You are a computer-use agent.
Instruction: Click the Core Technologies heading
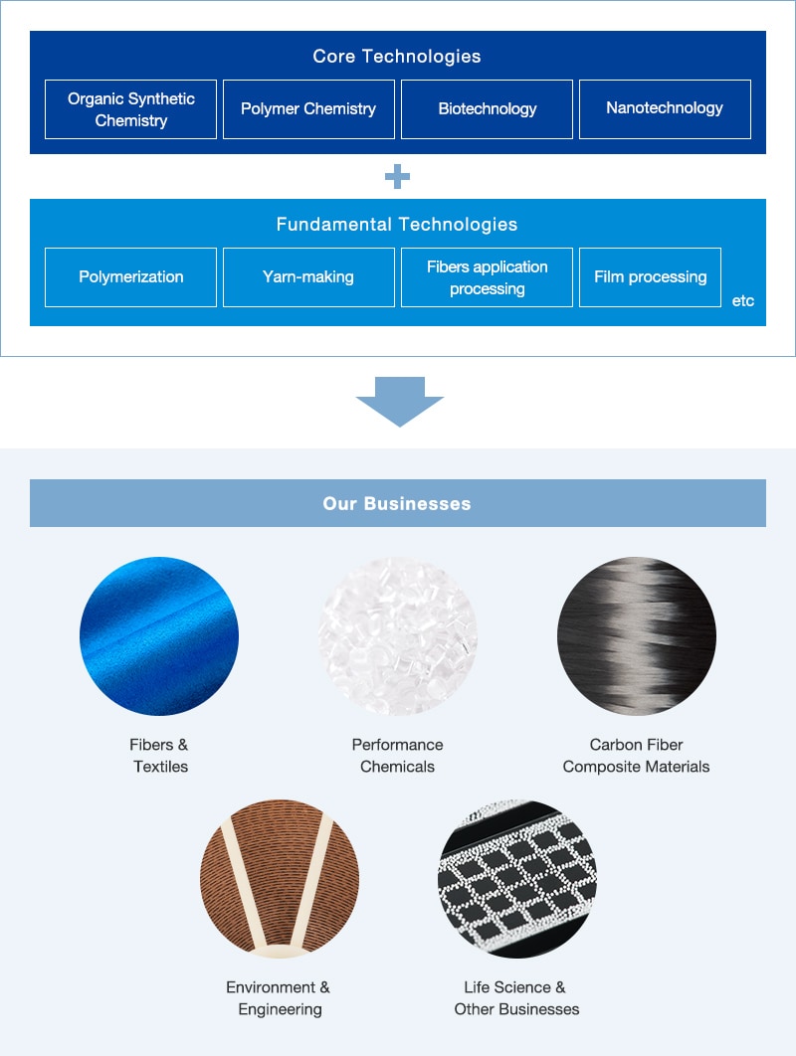pos(397,56)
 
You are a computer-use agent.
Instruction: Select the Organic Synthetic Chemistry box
pos(130,109)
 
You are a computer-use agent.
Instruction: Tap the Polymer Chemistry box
pos(308,109)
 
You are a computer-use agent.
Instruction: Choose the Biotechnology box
pos(487,109)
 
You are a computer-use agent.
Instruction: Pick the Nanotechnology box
pos(665,109)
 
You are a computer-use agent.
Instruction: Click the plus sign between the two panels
pos(397,176)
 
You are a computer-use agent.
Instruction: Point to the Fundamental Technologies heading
pos(397,225)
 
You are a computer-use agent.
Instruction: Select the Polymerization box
pos(130,277)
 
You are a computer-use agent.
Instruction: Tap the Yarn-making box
pos(308,277)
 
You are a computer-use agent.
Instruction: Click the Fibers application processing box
pos(487,277)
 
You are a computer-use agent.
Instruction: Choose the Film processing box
pos(651,277)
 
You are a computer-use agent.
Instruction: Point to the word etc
pos(742,300)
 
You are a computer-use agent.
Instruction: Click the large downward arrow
pos(400,402)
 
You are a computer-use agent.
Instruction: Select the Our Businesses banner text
pos(397,504)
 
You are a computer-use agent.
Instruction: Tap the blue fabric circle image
pos(159,635)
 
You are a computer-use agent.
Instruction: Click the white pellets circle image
pos(398,635)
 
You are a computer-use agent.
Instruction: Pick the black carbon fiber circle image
pos(636,635)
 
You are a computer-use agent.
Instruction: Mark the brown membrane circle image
pos(280,878)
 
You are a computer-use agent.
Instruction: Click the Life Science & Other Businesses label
pos(516,998)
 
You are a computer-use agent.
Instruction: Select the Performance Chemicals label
pos(398,756)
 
